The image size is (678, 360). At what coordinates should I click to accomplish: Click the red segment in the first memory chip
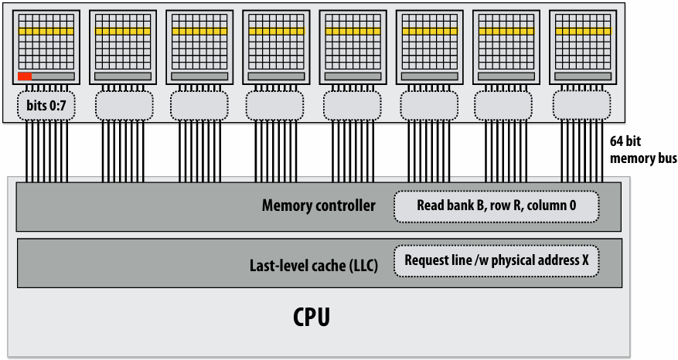[x=25, y=76]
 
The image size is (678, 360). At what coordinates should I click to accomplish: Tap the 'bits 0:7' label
[x=46, y=105]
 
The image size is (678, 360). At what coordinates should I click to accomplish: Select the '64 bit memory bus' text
[x=643, y=150]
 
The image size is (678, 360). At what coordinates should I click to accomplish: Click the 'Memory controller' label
[x=319, y=205]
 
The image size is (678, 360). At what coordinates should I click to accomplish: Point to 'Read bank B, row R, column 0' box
[x=496, y=206]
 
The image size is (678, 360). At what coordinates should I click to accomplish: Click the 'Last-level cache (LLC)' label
[x=314, y=265]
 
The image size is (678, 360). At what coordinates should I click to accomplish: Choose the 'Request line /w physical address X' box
[x=496, y=260]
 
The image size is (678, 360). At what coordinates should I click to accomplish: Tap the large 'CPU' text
[x=312, y=317]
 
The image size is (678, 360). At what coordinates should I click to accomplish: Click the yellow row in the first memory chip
[x=46, y=31]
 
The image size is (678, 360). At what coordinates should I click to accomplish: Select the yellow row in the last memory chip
[x=584, y=31]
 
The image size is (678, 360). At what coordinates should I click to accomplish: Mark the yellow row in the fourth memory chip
[x=276, y=31]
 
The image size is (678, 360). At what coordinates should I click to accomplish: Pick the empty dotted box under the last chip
[x=581, y=105]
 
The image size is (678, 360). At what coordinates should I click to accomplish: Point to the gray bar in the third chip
[x=199, y=76]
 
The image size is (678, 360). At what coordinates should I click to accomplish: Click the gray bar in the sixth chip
[x=429, y=76]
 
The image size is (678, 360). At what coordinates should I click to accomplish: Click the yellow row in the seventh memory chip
[x=506, y=31]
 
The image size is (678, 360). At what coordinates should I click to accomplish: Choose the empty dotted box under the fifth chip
[x=353, y=105]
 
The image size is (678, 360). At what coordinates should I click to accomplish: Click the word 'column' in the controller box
[x=546, y=205]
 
